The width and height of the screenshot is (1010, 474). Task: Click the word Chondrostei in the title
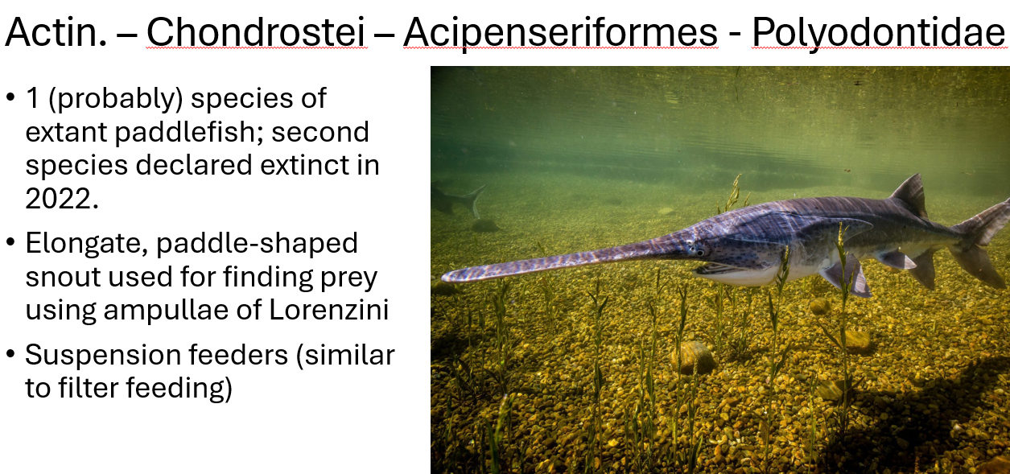pos(257,32)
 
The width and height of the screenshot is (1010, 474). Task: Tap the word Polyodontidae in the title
pos(878,32)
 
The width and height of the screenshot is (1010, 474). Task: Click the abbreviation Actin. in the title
pos(57,32)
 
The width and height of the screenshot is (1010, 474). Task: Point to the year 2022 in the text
pos(61,199)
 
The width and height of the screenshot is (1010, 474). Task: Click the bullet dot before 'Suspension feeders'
pos(10,355)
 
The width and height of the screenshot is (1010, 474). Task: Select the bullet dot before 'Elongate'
pos(10,242)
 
